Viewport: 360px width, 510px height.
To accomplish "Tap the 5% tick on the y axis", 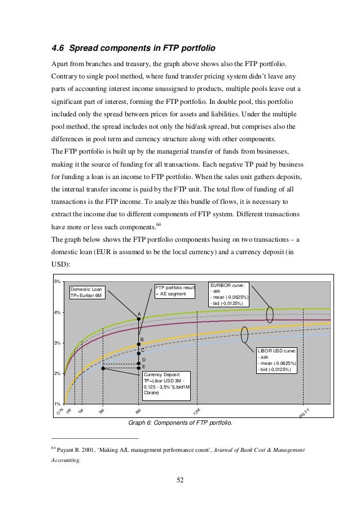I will pos(57,281).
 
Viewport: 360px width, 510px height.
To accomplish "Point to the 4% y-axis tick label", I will pos(57,312).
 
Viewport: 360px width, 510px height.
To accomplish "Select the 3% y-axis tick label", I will pos(57,343).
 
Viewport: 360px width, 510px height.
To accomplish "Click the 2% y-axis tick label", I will pos(57,374).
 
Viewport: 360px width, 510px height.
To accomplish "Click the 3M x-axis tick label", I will pos(102,412).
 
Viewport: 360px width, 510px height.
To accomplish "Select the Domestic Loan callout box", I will pos(87,291).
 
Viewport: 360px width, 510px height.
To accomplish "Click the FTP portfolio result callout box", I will pos(175,291).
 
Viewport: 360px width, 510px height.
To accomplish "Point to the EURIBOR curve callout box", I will pos(230,294).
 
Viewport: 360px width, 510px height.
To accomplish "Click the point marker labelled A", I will pos(139,319).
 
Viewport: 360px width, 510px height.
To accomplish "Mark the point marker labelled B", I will pos(139,344).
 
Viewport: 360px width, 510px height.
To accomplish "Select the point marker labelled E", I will pos(139,368).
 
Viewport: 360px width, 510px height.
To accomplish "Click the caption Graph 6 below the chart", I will pos(180,422).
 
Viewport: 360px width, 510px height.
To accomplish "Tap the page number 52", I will pos(180,480).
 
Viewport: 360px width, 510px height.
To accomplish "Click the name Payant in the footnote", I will pos(69,450).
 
